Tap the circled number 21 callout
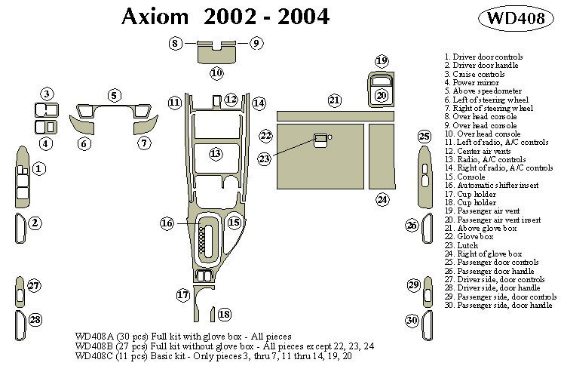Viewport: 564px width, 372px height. [335, 100]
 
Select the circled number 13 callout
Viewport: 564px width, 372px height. [216, 153]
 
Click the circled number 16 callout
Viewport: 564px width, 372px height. [167, 223]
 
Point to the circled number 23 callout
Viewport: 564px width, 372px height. [265, 158]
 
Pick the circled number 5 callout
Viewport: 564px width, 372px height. [114, 95]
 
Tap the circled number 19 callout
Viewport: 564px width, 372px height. [382, 61]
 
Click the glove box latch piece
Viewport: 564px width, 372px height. [320, 138]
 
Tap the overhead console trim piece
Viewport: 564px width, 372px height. [216, 53]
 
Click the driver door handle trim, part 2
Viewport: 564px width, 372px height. [19, 229]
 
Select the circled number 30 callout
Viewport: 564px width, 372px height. [412, 321]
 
